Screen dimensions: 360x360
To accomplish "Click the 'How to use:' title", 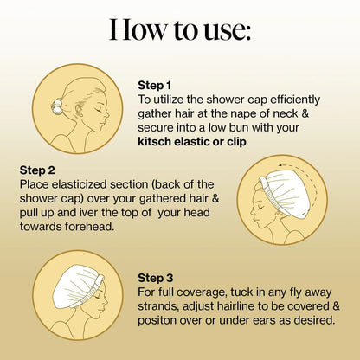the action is point(180,29).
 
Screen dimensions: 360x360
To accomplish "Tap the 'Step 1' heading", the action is point(154,86).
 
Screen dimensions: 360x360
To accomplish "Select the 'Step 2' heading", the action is point(37,170).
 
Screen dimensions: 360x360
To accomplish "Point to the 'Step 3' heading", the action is point(156,278).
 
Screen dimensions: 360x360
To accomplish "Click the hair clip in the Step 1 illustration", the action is point(56,106).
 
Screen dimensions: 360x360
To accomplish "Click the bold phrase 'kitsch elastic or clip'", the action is point(192,142).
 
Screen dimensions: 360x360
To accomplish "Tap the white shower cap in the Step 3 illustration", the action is point(78,286).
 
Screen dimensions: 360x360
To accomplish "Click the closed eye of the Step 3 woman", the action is point(99,296).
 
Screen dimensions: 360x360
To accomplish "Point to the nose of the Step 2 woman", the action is point(252,211).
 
